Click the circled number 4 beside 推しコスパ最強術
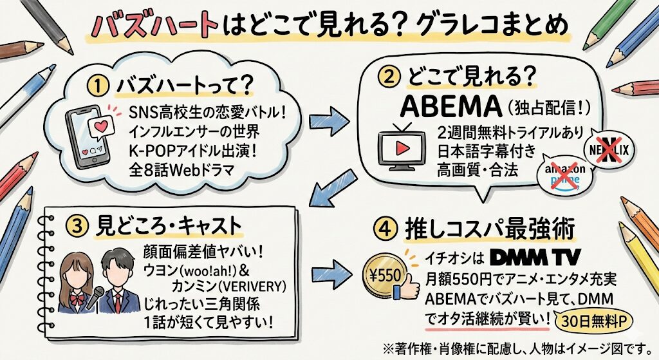[x=385, y=227]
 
